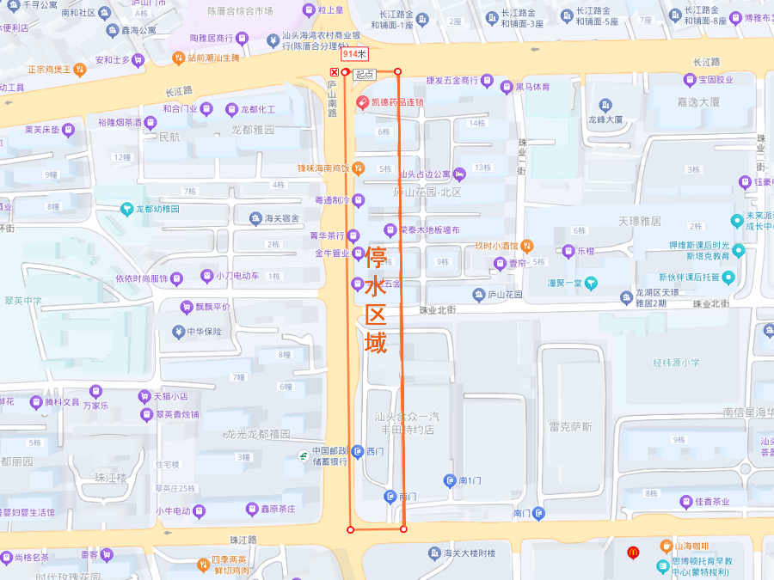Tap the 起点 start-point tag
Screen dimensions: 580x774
coord(364,76)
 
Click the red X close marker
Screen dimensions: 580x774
coord(335,72)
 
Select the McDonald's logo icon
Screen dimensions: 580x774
coord(633,552)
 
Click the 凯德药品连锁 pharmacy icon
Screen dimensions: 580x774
coord(363,102)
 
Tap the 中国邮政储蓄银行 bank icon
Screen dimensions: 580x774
coord(304,455)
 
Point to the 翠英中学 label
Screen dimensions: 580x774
coord(21,301)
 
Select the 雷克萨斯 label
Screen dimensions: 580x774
coord(570,426)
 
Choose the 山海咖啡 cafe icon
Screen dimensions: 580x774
coord(665,546)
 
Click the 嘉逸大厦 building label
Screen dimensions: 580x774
coord(698,101)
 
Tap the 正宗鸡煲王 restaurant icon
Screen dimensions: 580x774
coord(79,70)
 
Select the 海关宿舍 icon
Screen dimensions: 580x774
coord(255,218)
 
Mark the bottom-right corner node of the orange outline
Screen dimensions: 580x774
coord(403,528)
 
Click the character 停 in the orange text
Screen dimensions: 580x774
coord(376,256)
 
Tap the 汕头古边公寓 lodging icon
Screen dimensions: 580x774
coord(459,174)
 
